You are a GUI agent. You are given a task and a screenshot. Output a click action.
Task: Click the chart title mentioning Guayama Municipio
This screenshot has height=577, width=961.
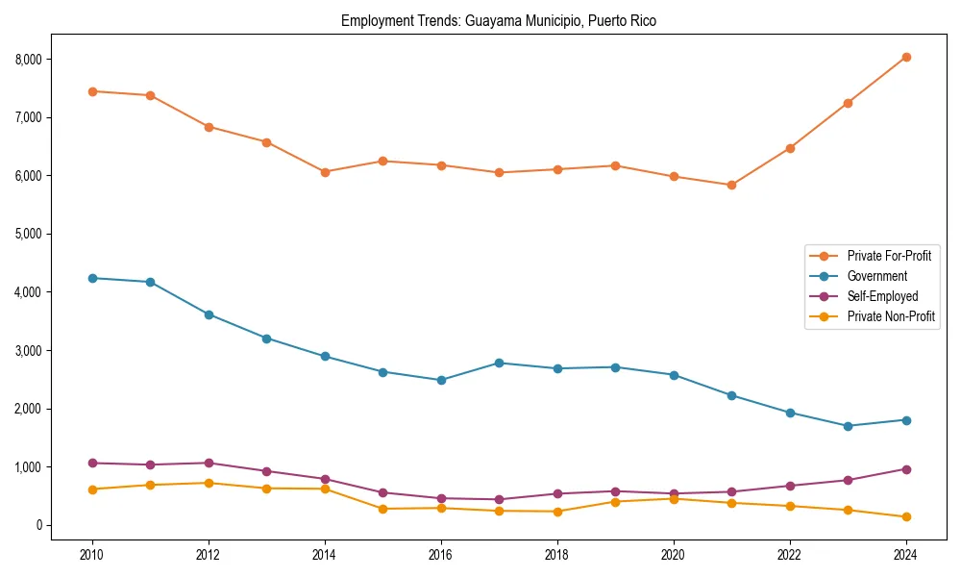[498, 21]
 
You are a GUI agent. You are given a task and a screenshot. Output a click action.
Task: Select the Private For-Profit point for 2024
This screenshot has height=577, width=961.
[905, 57]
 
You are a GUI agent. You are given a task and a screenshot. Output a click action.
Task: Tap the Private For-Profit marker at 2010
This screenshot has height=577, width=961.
[92, 91]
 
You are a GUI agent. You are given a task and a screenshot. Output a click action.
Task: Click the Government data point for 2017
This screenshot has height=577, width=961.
[499, 363]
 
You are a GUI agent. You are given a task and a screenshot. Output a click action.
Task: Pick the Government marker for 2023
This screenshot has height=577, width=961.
[848, 426]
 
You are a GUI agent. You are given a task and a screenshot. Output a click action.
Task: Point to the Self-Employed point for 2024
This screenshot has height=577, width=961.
[905, 469]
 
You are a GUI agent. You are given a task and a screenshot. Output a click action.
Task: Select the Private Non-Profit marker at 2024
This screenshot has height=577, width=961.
[905, 517]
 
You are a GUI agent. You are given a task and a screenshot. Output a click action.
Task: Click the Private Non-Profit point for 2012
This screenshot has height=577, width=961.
[209, 483]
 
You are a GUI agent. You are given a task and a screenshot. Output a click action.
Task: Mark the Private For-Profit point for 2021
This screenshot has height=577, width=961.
[731, 185]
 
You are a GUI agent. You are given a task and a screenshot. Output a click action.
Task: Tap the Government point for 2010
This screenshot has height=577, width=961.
[92, 278]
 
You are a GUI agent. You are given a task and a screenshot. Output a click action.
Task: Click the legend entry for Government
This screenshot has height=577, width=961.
[876, 276]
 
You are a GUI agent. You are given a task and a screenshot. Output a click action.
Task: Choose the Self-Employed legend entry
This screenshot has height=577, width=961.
[882, 296]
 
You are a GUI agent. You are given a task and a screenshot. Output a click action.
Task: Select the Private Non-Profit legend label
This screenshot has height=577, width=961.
[891, 316]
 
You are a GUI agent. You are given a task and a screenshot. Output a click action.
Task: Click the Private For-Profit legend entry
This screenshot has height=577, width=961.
[889, 256]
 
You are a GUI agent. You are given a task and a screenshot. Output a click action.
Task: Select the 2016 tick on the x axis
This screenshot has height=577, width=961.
[441, 556]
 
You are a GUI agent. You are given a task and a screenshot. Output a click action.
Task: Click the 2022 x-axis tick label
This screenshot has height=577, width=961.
[789, 556]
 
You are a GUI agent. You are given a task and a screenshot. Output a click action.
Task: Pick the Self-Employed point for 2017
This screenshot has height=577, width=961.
[499, 499]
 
